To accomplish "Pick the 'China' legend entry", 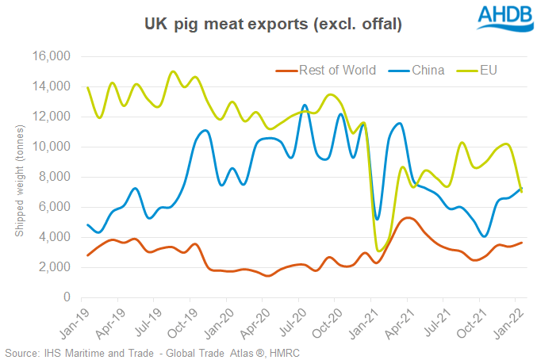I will [428, 71].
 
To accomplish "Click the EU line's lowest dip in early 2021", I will [378, 251].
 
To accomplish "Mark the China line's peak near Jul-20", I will [305, 105].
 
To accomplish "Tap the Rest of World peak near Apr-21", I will [407, 217].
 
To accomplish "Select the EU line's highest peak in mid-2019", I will [173, 71].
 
